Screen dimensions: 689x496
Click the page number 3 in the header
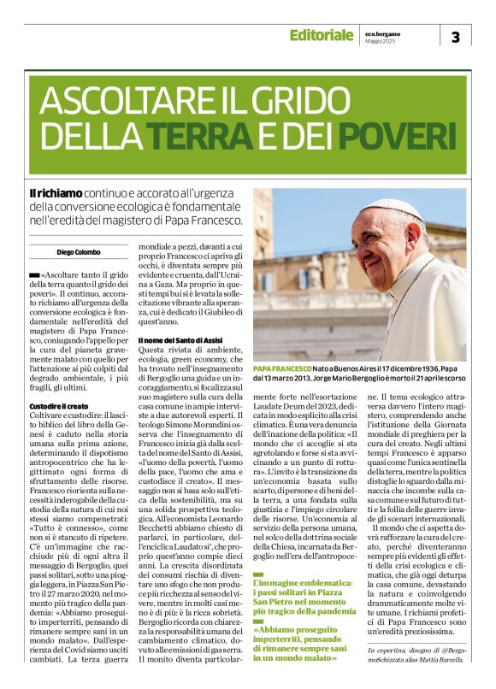pyautogui.click(x=455, y=37)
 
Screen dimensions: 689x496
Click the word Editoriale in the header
pyautogui.click(x=321, y=35)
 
